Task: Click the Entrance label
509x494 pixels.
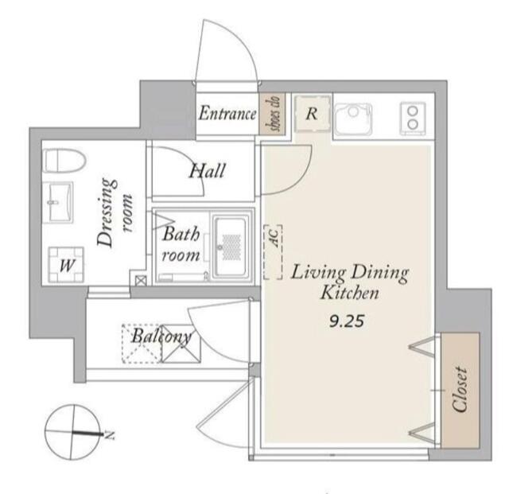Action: (x=227, y=114)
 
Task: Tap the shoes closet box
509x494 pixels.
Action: (x=272, y=114)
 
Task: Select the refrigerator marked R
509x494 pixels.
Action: (x=312, y=114)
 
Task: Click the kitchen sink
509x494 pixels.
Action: (x=353, y=119)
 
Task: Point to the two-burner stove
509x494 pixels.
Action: (x=413, y=119)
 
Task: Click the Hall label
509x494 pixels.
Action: (x=208, y=171)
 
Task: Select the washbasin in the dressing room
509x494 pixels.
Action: (x=58, y=202)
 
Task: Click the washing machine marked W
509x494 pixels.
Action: (x=66, y=265)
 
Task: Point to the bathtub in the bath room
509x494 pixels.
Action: (x=229, y=247)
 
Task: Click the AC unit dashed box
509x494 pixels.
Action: (x=273, y=252)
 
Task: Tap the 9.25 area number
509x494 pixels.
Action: (x=347, y=321)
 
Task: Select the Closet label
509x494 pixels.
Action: (x=460, y=390)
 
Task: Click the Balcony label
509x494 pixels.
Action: (x=161, y=336)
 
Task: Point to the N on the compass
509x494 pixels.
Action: (x=111, y=434)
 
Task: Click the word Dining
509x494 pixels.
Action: (x=380, y=274)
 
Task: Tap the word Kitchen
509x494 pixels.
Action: (x=350, y=293)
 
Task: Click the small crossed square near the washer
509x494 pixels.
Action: (x=141, y=281)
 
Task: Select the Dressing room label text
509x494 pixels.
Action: (x=115, y=212)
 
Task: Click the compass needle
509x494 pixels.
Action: (x=87, y=433)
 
